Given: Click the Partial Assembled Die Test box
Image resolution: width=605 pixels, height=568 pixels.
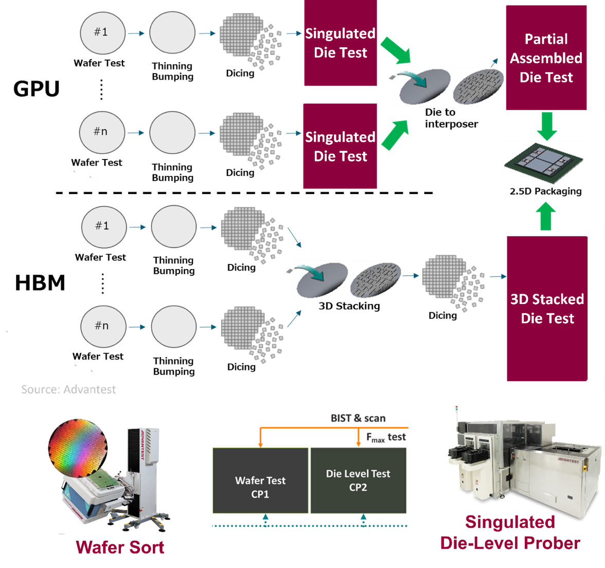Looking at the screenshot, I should (x=546, y=57).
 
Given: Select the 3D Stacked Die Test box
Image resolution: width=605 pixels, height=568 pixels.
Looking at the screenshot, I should (x=547, y=308).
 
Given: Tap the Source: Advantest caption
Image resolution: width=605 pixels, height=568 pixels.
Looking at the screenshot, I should (x=68, y=389).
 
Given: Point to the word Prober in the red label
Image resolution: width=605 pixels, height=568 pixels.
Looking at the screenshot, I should (x=551, y=542).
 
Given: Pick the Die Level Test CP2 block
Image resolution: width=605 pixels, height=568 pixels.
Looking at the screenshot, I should (x=358, y=480).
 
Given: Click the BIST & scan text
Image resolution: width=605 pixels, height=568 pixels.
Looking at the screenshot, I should (x=358, y=418).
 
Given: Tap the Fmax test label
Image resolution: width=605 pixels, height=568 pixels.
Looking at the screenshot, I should (x=386, y=438).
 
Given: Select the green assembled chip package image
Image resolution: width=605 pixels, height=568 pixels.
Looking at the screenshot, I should (x=543, y=163).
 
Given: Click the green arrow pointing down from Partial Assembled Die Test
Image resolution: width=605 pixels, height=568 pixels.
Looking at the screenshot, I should (x=546, y=126).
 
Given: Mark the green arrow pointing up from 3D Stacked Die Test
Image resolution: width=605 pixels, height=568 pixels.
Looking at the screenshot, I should (x=546, y=217).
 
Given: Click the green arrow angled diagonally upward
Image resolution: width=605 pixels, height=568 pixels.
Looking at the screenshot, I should (x=395, y=135).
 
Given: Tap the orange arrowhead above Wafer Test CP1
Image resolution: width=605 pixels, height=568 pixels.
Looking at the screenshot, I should (x=260, y=443).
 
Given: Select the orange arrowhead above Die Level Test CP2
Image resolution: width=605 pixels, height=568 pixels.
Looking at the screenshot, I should (x=359, y=443).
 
